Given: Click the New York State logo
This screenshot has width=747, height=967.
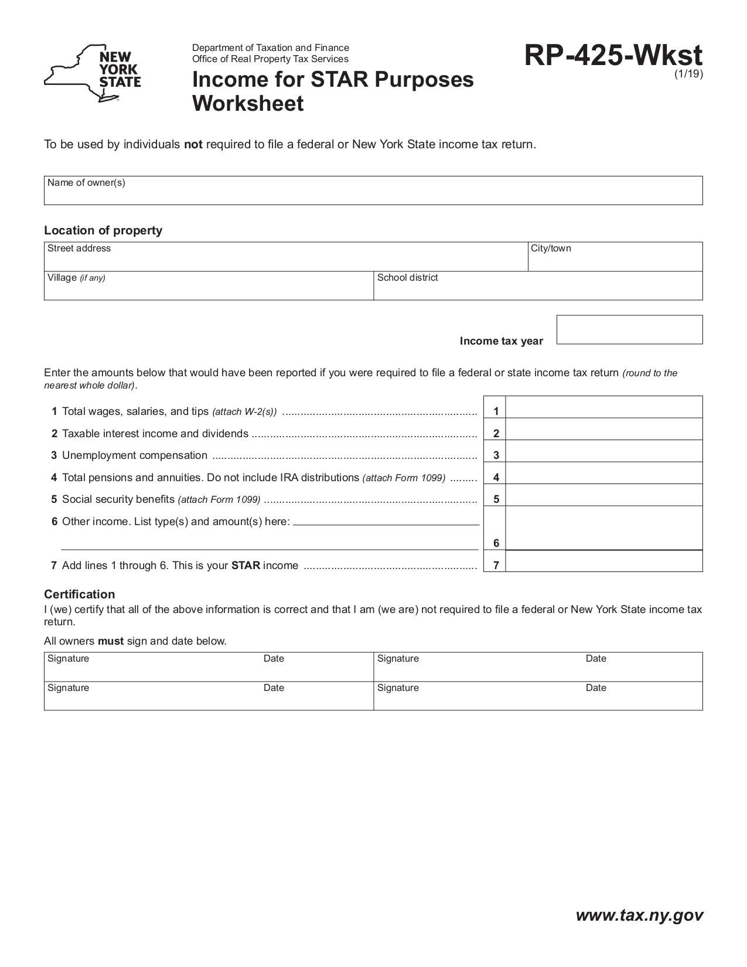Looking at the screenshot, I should (93, 73).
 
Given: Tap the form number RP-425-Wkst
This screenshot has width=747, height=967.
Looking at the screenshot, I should (613, 56).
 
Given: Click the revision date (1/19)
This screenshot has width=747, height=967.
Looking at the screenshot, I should (688, 74).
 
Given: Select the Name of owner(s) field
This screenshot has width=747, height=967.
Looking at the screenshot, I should (373, 193).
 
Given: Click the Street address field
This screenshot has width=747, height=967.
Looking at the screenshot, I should (286, 260).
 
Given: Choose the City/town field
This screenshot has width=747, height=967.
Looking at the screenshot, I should (615, 260).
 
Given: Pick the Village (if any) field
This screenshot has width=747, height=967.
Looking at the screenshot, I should (209, 289).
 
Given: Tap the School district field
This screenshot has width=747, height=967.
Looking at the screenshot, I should (538, 289).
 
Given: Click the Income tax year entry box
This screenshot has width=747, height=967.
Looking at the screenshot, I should (629, 329).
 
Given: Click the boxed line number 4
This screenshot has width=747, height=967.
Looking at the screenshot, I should (496, 477).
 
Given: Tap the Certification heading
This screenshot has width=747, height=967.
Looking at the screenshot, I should (80, 594).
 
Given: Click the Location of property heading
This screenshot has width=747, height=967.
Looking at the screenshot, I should (103, 230).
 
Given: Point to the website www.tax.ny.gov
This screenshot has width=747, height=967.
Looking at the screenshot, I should (639, 915).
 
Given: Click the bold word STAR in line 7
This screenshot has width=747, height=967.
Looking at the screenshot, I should (245, 566).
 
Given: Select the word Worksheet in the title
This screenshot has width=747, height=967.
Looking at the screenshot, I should (248, 104).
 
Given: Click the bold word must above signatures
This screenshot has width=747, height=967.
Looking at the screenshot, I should (111, 641).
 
